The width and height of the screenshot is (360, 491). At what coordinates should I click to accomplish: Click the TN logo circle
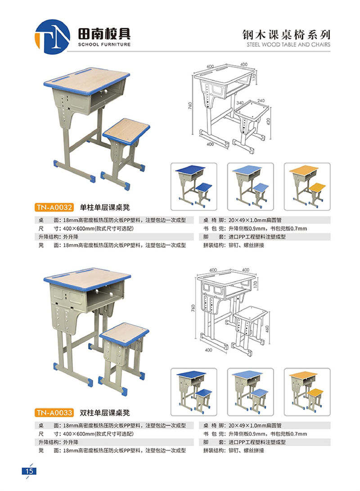pyautogui.click(x=52, y=36)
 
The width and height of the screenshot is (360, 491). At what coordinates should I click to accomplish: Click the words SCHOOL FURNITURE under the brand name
pyautogui.click(x=104, y=45)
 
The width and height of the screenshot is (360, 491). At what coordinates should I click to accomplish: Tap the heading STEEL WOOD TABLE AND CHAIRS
pyautogui.click(x=288, y=45)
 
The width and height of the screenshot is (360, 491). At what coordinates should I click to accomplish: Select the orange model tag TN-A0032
pyautogui.click(x=54, y=207)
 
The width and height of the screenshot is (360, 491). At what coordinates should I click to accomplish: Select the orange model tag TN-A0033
pyautogui.click(x=54, y=412)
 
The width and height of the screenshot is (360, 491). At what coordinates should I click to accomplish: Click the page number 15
pyautogui.click(x=29, y=471)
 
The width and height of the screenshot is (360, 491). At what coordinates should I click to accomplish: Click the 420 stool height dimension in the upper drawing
pyautogui.click(x=268, y=121)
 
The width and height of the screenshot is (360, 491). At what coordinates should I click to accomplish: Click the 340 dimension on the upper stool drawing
pyautogui.click(x=240, y=103)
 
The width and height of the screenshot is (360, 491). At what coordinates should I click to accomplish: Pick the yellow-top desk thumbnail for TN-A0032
pyautogui.click(x=307, y=186)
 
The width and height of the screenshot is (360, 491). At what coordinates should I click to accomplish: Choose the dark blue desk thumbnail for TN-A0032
pyautogui.click(x=193, y=186)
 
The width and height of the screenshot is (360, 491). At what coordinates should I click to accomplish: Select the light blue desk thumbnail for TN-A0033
pyautogui.click(x=250, y=392)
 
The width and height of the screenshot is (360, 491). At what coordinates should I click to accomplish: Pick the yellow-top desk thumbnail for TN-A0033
pyautogui.click(x=307, y=392)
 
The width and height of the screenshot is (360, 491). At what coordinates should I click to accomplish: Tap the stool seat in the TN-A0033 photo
pyautogui.click(x=124, y=334)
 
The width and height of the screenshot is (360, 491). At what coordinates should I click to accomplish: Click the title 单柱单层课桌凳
pyautogui.click(x=105, y=207)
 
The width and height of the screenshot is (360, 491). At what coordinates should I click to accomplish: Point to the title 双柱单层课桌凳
pyautogui.click(x=105, y=413)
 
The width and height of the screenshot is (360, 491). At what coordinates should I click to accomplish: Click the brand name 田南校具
pyautogui.click(x=104, y=34)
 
